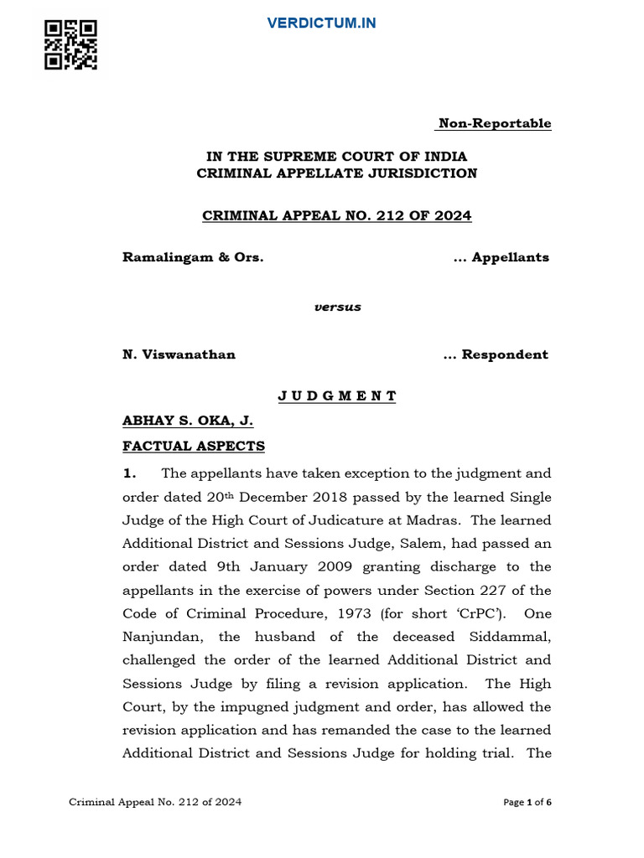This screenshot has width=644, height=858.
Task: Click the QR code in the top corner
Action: click(71, 45)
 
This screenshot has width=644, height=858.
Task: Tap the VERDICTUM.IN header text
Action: click(321, 23)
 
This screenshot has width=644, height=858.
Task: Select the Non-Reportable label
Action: click(494, 124)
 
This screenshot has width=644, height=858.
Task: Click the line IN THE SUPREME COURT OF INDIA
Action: click(337, 157)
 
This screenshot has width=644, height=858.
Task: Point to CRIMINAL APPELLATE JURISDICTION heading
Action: click(337, 173)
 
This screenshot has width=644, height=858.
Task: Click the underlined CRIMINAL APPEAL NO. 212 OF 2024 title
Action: click(337, 216)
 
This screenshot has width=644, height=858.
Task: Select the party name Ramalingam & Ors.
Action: click(193, 257)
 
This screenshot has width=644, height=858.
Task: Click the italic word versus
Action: click(337, 307)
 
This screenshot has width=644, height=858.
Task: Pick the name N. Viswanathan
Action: click(179, 354)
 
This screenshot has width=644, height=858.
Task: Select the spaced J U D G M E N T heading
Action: click(337, 396)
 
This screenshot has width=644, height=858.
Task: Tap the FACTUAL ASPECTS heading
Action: click(194, 447)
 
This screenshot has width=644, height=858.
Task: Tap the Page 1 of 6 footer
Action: click(527, 803)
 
